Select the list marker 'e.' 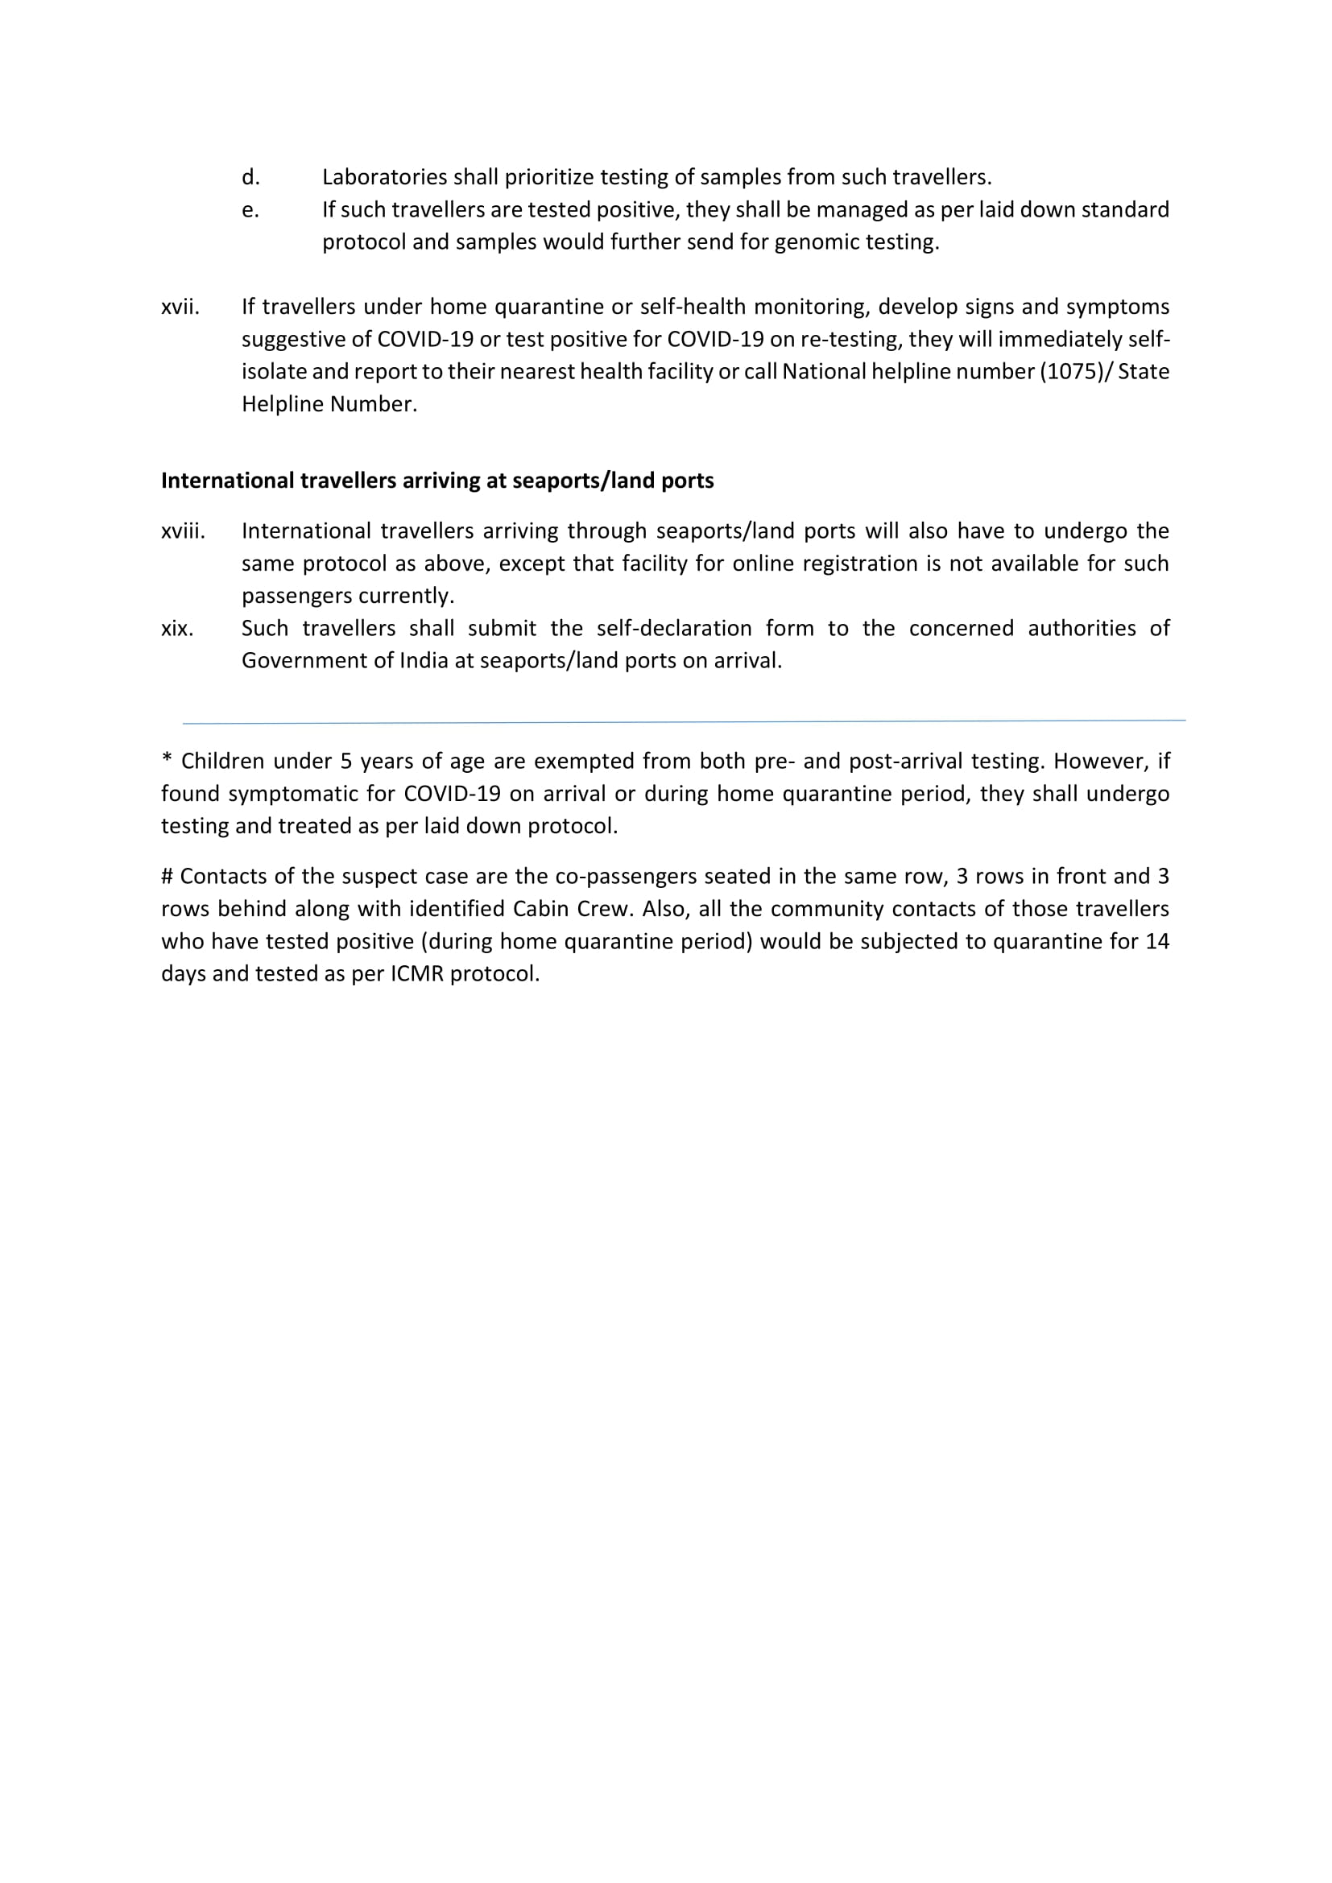pyautogui.click(x=250, y=210)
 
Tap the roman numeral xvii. pyautogui.click(x=180, y=307)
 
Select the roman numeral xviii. pyautogui.click(x=183, y=531)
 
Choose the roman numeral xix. pyautogui.click(x=177, y=628)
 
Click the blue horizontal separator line pyautogui.click(x=683, y=721)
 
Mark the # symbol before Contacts pyautogui.click(x=168, y=877)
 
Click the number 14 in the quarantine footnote pyautogui.click(x=1156, y=942)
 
